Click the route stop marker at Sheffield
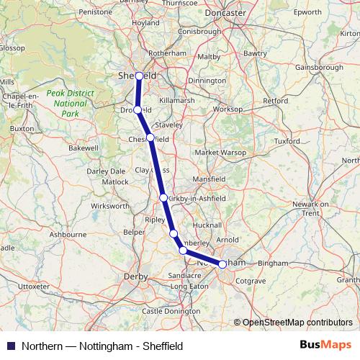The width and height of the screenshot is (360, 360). tap(139, 75)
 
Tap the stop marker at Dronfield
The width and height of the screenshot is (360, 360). tap(138, 110)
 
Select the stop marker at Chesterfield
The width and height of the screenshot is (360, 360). tap(150, 138)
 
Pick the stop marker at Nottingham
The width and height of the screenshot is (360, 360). tap(222, 264)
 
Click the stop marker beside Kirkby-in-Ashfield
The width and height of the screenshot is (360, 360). tap(163, 197)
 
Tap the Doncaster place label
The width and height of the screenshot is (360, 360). tap(205, 14)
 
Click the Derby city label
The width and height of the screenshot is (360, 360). tap(136, 276)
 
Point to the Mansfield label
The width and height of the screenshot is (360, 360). tap(209, 180)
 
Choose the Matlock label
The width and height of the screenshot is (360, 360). tap(115, 182)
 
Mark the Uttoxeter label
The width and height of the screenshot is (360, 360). tap(34, 286)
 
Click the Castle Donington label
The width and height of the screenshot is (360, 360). tap(171, 311)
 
